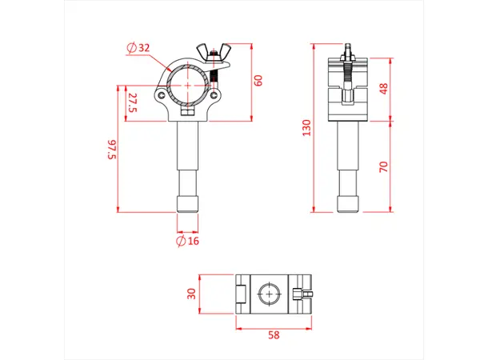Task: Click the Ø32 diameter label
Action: (138, 48)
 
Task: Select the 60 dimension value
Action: (258, 80)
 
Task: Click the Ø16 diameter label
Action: (186, 240)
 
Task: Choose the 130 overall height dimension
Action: (306, 128)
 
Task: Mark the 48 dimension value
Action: (384, 88)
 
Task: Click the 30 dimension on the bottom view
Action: (192, 293)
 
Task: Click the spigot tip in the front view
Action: (186, 203)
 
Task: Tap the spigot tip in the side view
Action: (349, 203)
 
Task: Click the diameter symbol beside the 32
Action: (130, 48)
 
